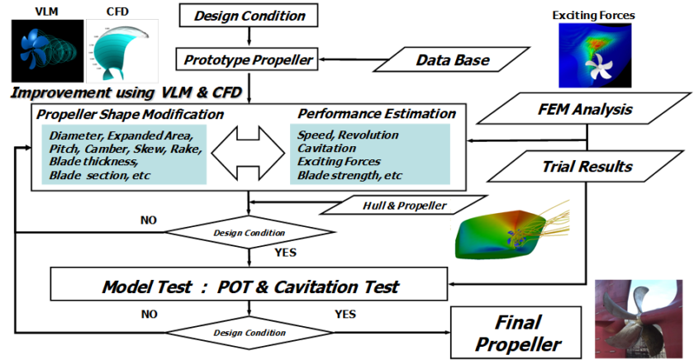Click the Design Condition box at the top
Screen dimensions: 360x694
248,15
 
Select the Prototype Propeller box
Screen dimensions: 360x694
248,59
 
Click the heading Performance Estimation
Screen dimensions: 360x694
376,113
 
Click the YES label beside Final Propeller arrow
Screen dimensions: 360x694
345,314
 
